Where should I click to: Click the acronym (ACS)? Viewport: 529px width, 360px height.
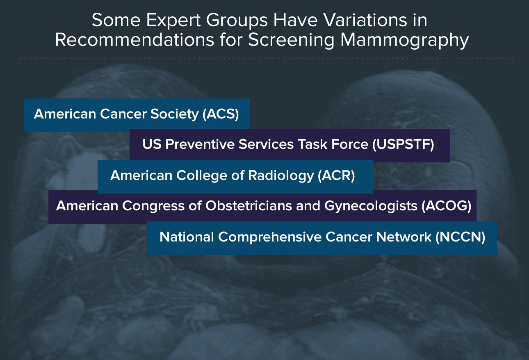(x=221, y=114)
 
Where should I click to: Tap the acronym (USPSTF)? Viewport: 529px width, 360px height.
(x=403, y=144)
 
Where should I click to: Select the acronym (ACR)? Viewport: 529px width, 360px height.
(x=336, y=175)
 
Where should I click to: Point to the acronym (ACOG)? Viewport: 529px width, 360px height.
(x=446, y=206)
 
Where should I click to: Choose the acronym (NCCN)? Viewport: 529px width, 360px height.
(x=460, y=237)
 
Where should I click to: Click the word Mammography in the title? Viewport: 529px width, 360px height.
(x=405, y=40)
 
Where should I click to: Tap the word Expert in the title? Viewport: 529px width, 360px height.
(x=173, y=20)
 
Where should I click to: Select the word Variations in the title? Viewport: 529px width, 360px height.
(x=365, y=20)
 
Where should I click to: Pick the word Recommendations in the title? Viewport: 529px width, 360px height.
(x=135, y=40)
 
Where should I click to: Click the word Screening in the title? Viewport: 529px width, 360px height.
(x=292, y=40)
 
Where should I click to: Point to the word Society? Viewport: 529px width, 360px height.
(x=175, y=114)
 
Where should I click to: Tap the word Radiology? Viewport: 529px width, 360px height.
(x=281, y=175)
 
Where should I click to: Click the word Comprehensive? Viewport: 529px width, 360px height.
(x=269, y=237)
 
